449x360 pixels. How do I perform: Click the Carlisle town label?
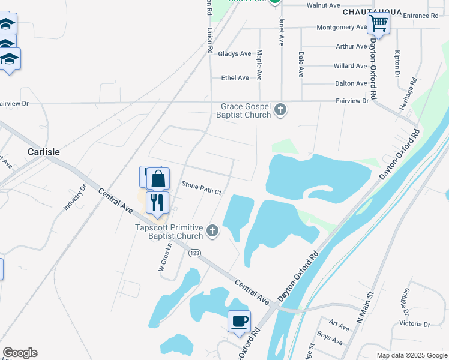tap(44, 152)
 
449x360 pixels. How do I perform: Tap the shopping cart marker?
tap(379, 24)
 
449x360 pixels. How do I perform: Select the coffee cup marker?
tap(239, 321)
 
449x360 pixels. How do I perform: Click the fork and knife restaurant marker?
tap(157, 202)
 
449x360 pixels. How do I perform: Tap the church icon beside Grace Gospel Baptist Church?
tap(280, 110)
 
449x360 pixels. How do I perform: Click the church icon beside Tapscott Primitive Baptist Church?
tap(212, 230)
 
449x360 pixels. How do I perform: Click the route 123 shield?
tap(194, 254)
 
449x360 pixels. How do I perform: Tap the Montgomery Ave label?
tap(342, 28)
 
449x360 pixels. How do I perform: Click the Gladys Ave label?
tap(235, 54)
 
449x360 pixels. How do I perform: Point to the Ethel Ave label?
tap(235, 78)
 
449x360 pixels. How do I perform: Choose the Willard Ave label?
tap(350, 66)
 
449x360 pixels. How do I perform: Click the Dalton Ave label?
tap(351, 83)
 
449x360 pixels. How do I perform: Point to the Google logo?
tap(20, 353)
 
